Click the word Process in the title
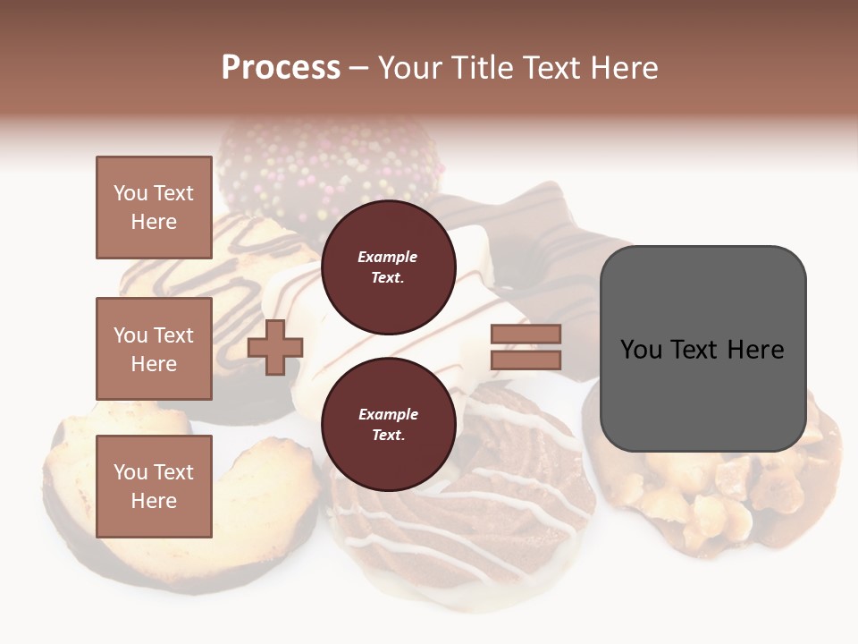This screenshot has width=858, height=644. (x=281, y=68)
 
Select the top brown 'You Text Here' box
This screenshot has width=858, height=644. (x=154, y=208)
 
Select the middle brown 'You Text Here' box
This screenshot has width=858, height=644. (x=154, y=349)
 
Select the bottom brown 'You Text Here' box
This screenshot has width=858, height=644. (x=154, y=486)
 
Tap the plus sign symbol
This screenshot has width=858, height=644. (x=275, y=347)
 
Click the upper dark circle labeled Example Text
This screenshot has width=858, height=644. (x=388, y=267)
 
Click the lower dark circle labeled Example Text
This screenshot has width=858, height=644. (x=388, y=424)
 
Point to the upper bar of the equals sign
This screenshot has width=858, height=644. (x=526, y=334)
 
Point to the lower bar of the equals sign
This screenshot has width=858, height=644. (x=526, y=360)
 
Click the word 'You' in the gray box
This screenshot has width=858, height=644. (x=641, y=350)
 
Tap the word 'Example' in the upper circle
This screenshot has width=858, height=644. (x=388, y=257)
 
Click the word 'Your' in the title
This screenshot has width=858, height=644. (x=410, y=68)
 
